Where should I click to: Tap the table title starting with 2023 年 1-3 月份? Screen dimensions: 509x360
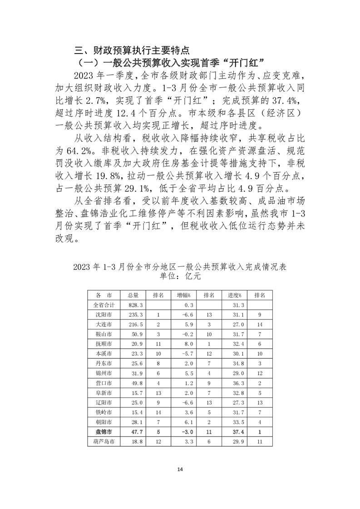[180, 266]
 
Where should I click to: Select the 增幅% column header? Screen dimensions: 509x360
[183, 295]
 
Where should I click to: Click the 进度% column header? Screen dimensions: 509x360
[234, 295]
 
